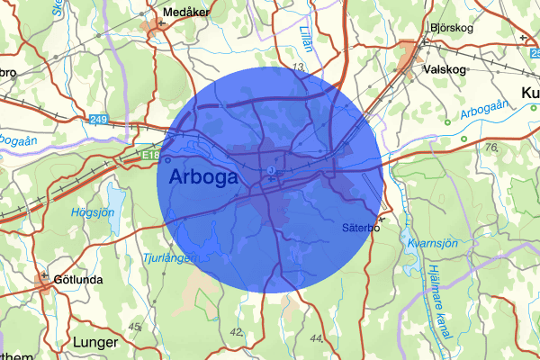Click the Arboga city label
pos(203,176)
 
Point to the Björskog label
pos(454,28)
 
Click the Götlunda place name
pos(78,279)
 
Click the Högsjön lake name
pos(94,213)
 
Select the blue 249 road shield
pos(99,119)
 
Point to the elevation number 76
pos(491,147)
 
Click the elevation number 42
pos(238,332)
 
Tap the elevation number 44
pos(316,338)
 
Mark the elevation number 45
pos(136,326)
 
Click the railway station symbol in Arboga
pos(271,170)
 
